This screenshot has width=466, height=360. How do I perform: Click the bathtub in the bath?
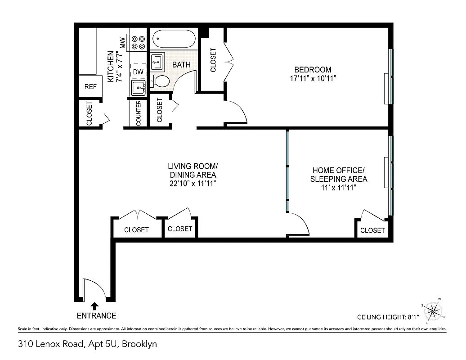pyautogui.click(x=174, y=39)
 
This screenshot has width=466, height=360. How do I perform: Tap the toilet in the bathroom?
pyautogui.click(x=161, y=81)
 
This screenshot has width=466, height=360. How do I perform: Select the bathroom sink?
pyautogui.click(x=157, y=61)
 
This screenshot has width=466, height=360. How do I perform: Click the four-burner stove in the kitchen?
pyautogui.click(x=138, y=42)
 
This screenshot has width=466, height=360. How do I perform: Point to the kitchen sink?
pyautogui.click(x=138, y=88)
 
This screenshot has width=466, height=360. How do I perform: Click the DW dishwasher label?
pyautogui.click(x=138, y=72)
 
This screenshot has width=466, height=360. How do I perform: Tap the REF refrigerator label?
pyautogui.click(x=90, y=86)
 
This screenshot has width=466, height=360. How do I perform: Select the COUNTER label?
pyautogui.click(x=139, y=113)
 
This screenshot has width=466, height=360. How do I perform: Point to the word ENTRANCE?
pyautogui.click(x=96, y=315)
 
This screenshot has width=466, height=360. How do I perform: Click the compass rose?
pyautogui.click(x=433, y=311)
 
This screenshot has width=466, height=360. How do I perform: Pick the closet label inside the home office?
pyautogui.click(x=372, y=230)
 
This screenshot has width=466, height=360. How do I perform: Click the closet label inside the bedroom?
pyautogui.click(x=213, y=60)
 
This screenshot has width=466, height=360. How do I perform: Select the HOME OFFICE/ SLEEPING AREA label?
pyautogui.click(x=339, y=175)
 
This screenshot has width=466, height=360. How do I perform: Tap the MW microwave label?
pyautogui.click(x=122, y=43)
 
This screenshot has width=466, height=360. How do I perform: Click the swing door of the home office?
pyautogui.click(x=299, y=224)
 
